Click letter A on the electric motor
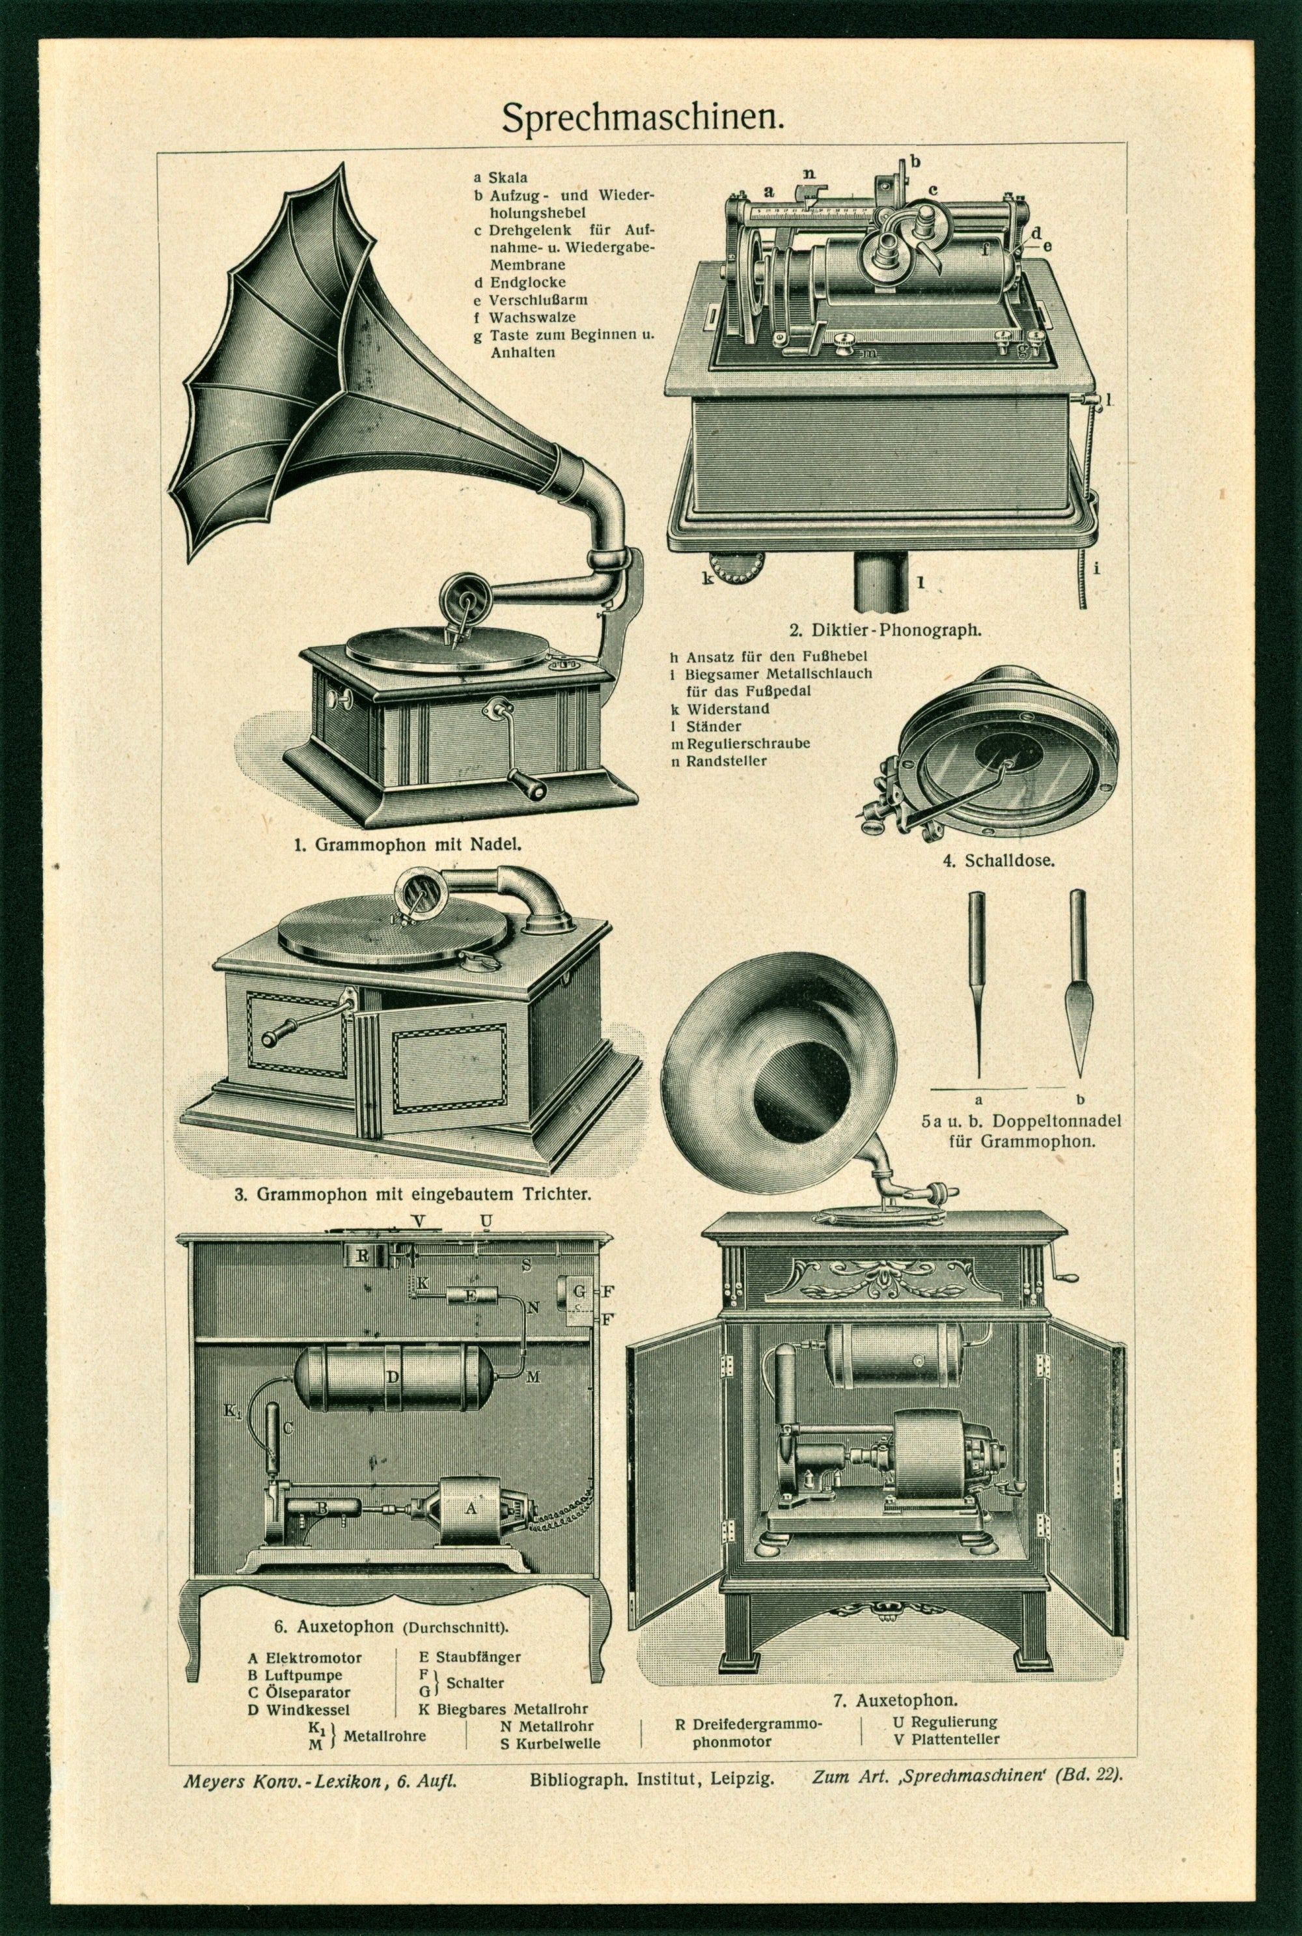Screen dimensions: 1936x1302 [471, 1510]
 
